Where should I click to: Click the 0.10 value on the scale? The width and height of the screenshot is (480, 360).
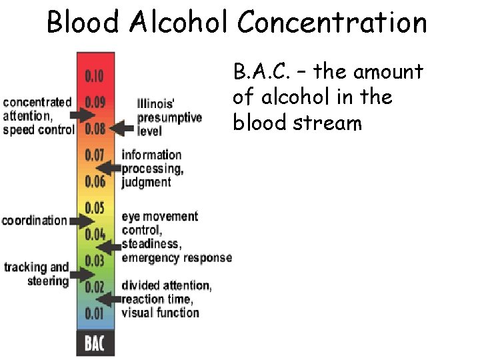coord(94,76)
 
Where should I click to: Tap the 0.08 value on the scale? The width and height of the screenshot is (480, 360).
coord(94,129)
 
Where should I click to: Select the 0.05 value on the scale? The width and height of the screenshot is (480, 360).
coord(94,207)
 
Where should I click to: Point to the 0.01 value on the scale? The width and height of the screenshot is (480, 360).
coord(94,313)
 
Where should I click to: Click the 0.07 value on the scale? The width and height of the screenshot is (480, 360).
coord(94,155)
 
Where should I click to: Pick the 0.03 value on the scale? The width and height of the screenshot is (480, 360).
coord(94,260)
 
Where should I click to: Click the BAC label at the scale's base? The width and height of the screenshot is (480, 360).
coord(95,344)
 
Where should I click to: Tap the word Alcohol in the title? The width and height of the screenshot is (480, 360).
coord(180,23)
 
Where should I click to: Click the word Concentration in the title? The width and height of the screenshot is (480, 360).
coord(332,23)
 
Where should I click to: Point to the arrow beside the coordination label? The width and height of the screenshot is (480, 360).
coord(82,220)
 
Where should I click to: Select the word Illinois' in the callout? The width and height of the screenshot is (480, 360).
coord(156,104)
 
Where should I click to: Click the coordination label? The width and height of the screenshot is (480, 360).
coord(35,221)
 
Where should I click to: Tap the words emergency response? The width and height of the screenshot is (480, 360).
coord(177,257)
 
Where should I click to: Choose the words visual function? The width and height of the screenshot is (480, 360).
coord(160,312)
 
